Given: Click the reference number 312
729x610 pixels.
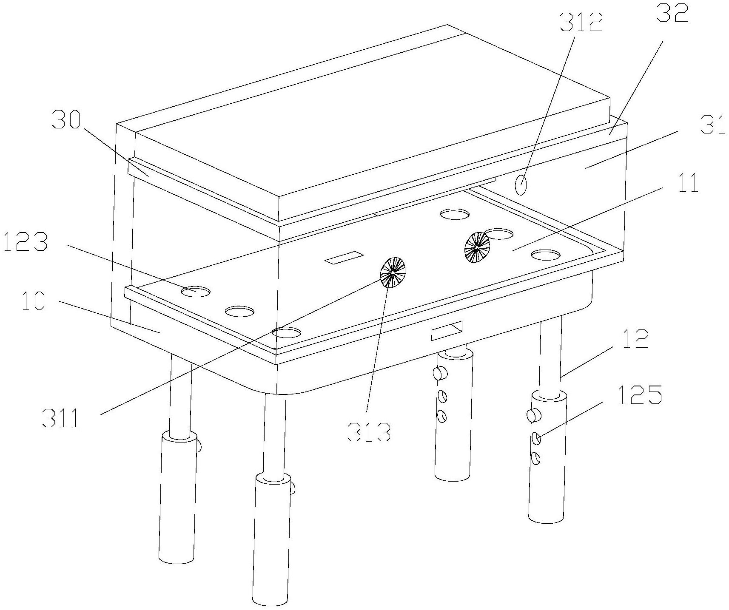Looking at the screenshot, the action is [581, 24].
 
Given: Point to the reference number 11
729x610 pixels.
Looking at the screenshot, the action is [688, 183].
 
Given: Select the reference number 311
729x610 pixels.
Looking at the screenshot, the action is [62, 418].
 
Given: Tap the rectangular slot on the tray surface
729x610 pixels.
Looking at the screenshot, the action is [344, 257].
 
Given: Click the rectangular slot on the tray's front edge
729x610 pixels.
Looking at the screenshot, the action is [447, 330].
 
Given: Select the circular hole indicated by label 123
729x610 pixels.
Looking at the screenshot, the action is [196, 291].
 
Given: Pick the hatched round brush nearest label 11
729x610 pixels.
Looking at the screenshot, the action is [478, 247].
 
